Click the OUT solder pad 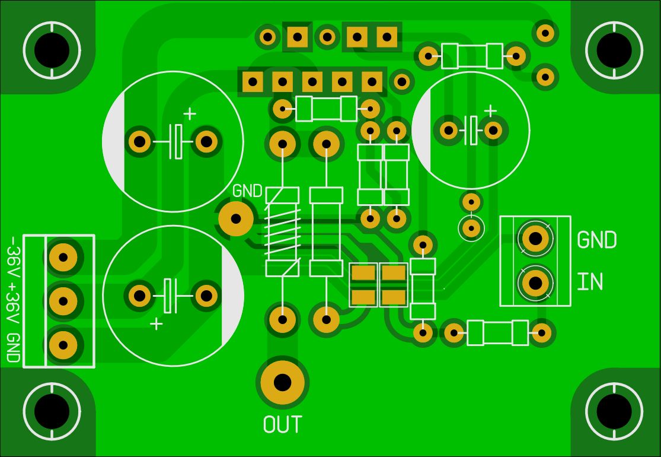point(282,382)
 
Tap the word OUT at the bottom point(282,424)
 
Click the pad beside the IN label point(535,283)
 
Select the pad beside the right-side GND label point(535,239)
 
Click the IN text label point(590,283)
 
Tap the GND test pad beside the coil point(236,218)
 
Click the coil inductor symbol point(282,231)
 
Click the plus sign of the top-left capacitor point(189,113)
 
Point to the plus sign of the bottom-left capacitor point(157,323)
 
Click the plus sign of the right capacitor point(490,110)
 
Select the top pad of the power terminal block point(63,257)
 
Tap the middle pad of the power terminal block point(63,301)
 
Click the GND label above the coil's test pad point(247,192)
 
